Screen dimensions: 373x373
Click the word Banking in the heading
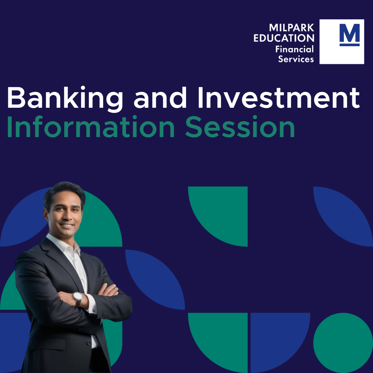click(65, 98)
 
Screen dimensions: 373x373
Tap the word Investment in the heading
click(278, 97)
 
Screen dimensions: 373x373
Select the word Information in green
click(91, 126)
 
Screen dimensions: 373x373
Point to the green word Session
click(240, 126)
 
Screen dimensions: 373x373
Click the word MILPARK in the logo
click(291, 28)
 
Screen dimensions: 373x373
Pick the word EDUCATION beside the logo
click(284, 38)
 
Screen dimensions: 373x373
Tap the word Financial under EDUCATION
click(295, 49)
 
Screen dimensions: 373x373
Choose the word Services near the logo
click(296, 59)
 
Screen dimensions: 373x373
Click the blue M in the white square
click(350, 32)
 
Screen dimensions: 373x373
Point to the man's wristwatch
click(78, 299)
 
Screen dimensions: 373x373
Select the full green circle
click(343, 343)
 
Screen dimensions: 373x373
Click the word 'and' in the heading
click(160, 98)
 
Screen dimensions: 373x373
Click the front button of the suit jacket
click(89, 343)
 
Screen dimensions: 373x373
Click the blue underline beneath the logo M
click(350, 45)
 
